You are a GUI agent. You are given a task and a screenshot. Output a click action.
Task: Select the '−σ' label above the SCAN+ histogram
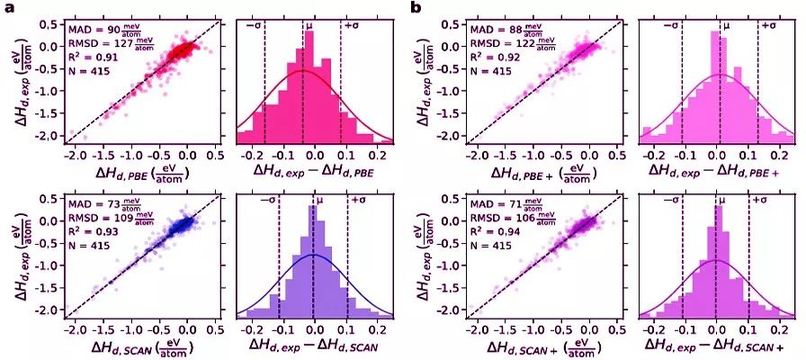(671, 201)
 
